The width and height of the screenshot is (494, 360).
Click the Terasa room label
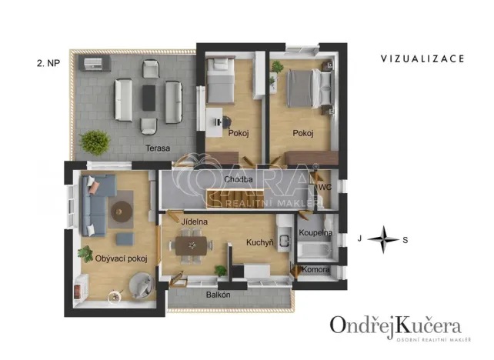(x=159, y=148)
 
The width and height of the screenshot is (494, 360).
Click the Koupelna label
(x=315, y=232)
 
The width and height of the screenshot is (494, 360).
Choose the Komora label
(x=316, y=270)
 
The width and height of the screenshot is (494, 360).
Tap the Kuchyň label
(x=260, y=242)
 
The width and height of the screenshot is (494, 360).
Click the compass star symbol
(x=382, y=239)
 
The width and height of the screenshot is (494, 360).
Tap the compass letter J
(x=359, y=239)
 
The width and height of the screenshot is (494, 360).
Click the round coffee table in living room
(x=120, y=210)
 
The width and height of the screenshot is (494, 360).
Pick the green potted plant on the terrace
(x=95, y=142)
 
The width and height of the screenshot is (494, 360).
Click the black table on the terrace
(x=148, y=96)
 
